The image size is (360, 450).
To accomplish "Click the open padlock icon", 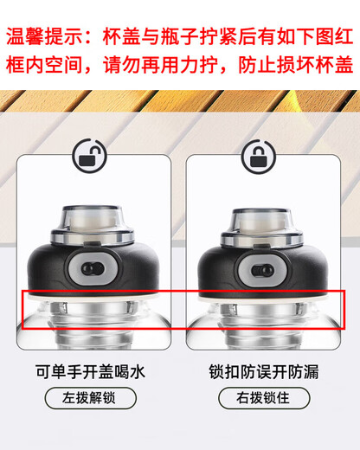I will [89, 159].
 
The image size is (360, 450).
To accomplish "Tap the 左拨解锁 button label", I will [89, 400].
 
